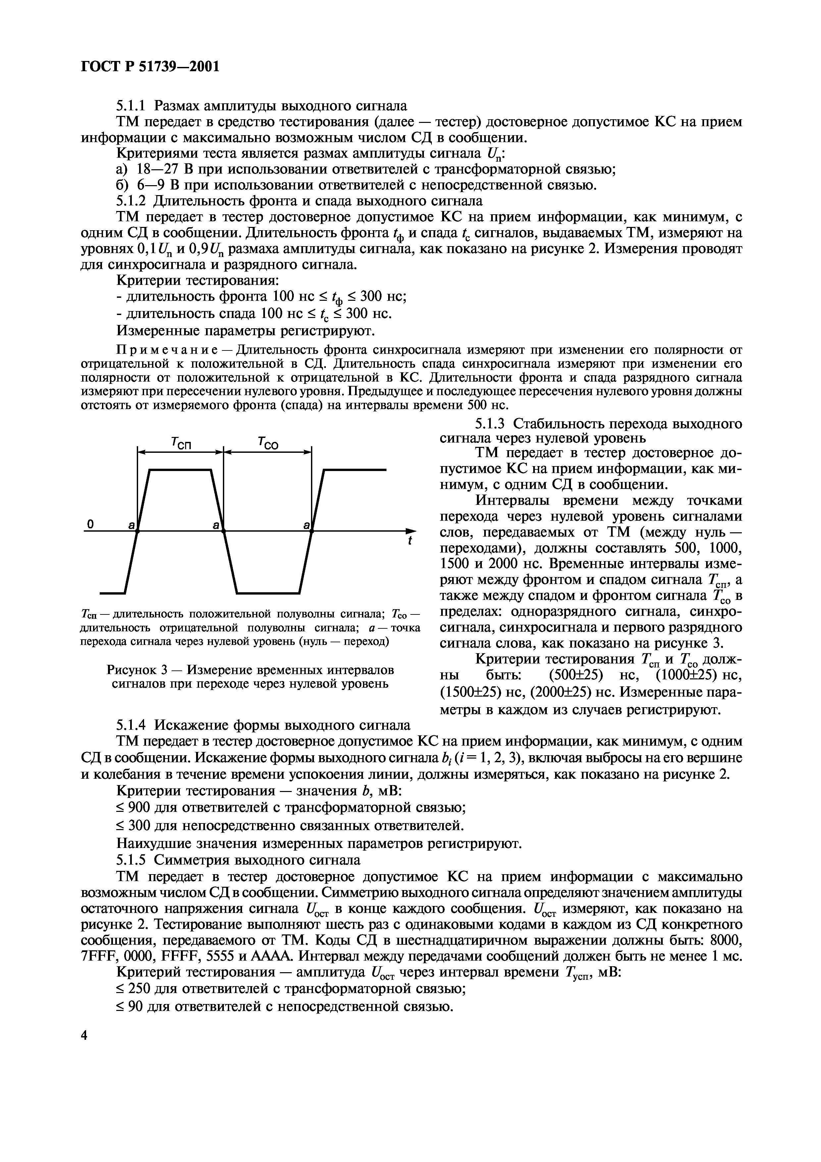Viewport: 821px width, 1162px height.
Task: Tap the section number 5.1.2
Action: click(130, 201)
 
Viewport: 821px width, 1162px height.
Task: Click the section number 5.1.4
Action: click(130, 725)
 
